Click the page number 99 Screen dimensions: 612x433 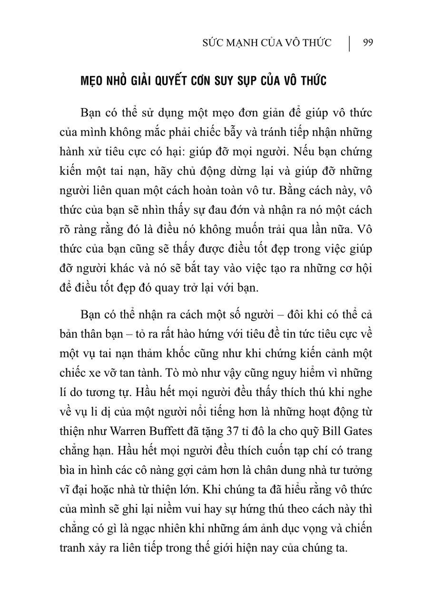367,43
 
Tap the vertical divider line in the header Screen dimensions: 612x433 350,42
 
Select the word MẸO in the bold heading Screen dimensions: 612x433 94,81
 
